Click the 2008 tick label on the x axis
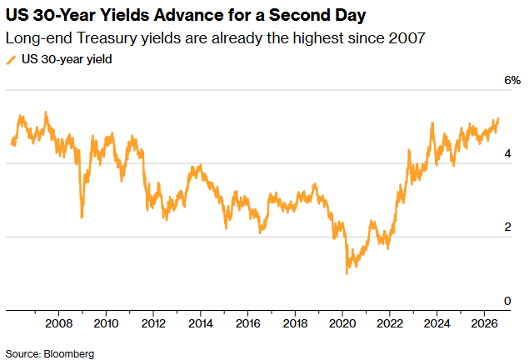(58, 323)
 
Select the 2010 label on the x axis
(106, 323)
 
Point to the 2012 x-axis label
(153, 323)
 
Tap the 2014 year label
(201, 323)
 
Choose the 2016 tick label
(247, 323)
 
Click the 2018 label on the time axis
(295, 323)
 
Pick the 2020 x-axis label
(342, 323)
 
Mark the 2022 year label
(390, 323)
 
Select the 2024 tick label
(437, 323)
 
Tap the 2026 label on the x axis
(484, 323)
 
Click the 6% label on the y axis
(512, 80)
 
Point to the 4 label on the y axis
(507, 154)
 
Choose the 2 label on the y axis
(507, 227)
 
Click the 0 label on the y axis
(507, 301)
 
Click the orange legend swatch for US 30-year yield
(11, 60)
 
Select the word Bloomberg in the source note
(69, 354)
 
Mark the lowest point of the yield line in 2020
(347, 273)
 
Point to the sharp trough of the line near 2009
(82, 217)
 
